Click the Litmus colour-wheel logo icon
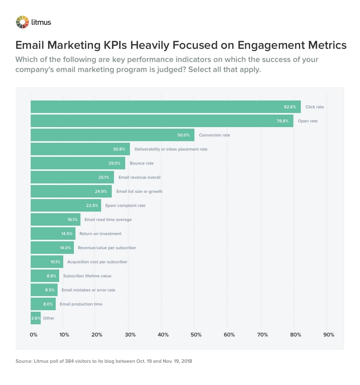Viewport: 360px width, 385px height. click(22, 22)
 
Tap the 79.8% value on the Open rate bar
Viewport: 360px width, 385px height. click(282, 121)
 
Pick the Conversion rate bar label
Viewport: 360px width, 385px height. click(214, 135)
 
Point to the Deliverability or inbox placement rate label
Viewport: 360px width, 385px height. click(171, 149)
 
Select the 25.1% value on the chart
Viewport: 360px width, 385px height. click(104, 177)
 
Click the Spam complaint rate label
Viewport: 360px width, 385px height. click(125, 205)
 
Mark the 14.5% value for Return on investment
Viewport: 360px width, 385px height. click(67, 234)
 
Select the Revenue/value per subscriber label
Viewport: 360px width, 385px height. click(107, 248)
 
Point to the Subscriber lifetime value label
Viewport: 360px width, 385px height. click(87, 276)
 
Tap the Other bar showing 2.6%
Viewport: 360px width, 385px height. click(35, 318)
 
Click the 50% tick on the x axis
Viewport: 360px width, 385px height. click(196, 335)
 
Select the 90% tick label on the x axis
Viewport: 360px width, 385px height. click(329, 335)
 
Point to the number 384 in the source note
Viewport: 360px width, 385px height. click(69, 361)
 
